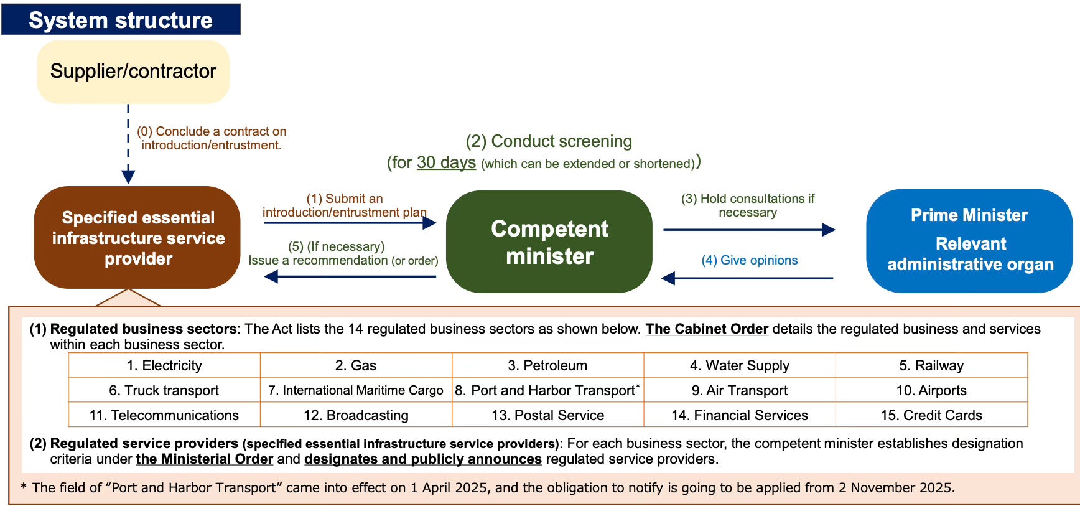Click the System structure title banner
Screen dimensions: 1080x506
point(121,19)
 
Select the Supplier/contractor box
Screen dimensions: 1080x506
point(133,72)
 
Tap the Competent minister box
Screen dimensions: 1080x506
point(549,241)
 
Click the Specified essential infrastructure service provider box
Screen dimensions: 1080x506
point(137,237)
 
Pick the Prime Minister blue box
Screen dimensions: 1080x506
point(969,240)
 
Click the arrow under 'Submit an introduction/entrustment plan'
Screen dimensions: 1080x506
point(350,223)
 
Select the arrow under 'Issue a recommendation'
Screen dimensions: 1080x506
point(350,276)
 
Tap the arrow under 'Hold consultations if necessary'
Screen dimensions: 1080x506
point(750,230)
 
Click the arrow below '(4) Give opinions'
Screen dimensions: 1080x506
point(747,278)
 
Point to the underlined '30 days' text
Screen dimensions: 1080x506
point(446,162)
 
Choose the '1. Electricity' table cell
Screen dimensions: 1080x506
point(164,365)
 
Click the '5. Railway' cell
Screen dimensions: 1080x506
point(931,365)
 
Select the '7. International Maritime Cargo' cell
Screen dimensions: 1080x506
point(356,390)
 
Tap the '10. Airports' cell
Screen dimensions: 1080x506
point(931,390)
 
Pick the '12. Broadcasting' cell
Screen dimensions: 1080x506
point(356,415)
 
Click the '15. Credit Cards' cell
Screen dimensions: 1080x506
point(931,415)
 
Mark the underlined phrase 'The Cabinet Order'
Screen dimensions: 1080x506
point(707,329)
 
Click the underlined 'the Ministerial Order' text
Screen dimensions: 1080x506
point(205,459)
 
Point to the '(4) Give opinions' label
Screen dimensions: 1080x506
point(750,260)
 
